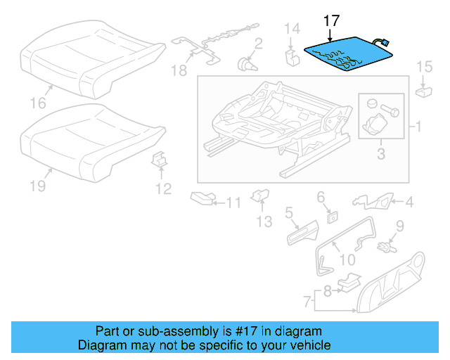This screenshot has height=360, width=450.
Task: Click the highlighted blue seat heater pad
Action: (345, 55)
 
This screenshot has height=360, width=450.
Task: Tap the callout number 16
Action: (38, 103)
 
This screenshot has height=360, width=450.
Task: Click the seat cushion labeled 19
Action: (67, 143)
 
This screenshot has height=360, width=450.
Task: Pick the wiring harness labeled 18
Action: (211, 46)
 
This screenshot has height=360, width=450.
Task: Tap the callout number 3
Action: (380, 153)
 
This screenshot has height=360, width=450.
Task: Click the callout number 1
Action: (418, 127)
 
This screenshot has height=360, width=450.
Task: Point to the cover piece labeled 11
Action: (204, 199)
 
